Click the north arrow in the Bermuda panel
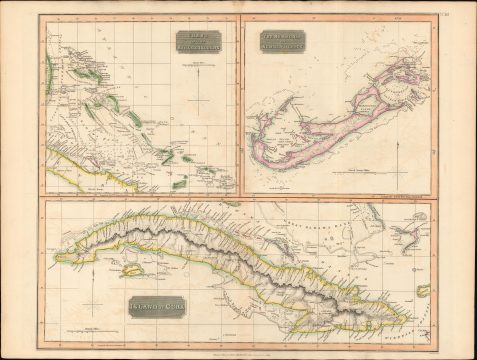coord(401,151)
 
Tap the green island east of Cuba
coord(423,291)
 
